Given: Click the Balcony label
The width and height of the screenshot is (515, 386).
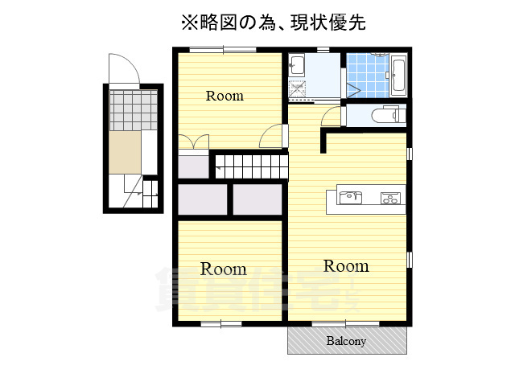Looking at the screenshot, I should [346, 341].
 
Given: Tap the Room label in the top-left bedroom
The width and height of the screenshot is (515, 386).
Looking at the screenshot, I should [225, 96].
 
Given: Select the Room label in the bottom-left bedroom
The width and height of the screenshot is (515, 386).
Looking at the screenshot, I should [223, 269].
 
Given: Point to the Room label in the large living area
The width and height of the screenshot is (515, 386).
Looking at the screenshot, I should [346, 265].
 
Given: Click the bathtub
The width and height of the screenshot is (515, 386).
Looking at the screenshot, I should [398, 76].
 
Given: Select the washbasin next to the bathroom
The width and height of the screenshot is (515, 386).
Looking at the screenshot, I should [296, 65].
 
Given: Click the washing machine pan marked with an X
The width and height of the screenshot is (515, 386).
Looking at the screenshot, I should [299, 89].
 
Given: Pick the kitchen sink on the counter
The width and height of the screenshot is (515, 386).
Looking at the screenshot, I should [351, 197].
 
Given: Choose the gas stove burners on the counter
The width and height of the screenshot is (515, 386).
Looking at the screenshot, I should [392, 198].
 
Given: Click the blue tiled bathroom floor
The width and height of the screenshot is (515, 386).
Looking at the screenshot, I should [368, 76].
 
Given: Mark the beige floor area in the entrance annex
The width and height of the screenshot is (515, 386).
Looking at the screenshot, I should [126, 152].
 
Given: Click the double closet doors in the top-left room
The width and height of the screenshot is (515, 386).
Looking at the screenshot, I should [193, 144].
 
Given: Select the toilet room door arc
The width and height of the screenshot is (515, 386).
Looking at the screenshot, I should [331, 118].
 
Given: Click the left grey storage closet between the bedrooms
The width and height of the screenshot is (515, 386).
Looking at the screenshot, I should [202, 199].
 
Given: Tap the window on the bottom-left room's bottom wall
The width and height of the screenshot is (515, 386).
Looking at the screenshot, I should [221, 324].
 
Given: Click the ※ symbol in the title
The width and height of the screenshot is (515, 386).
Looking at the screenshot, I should [188, 22].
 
